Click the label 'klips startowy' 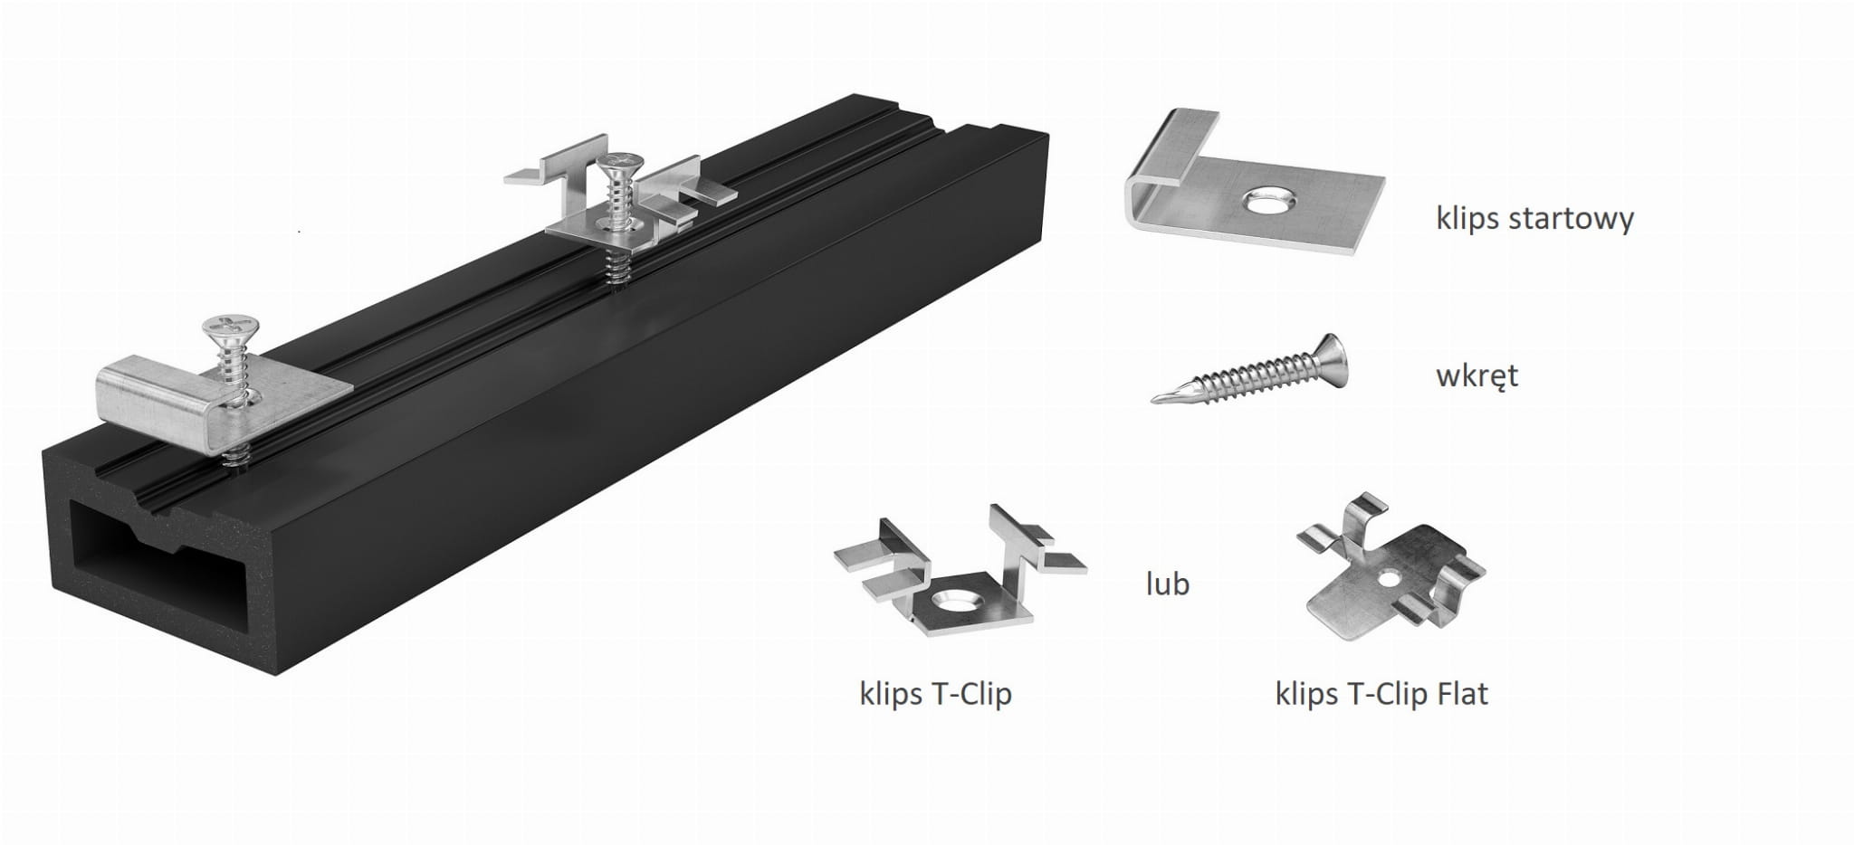pyautogui.click(x=1534, y=219)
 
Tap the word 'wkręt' pyautogui.click(x=1477, y=375)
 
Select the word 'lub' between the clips pyautogui.click(x=1167, y=584)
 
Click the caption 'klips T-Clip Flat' pyautogui.click(x=1381, y=694)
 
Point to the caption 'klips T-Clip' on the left pyautogui.click(x=935, y=694)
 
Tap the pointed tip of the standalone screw pyautogui.click(x=1153, y=399)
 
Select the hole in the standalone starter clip pyautogui.click(x=1266, y=202)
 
